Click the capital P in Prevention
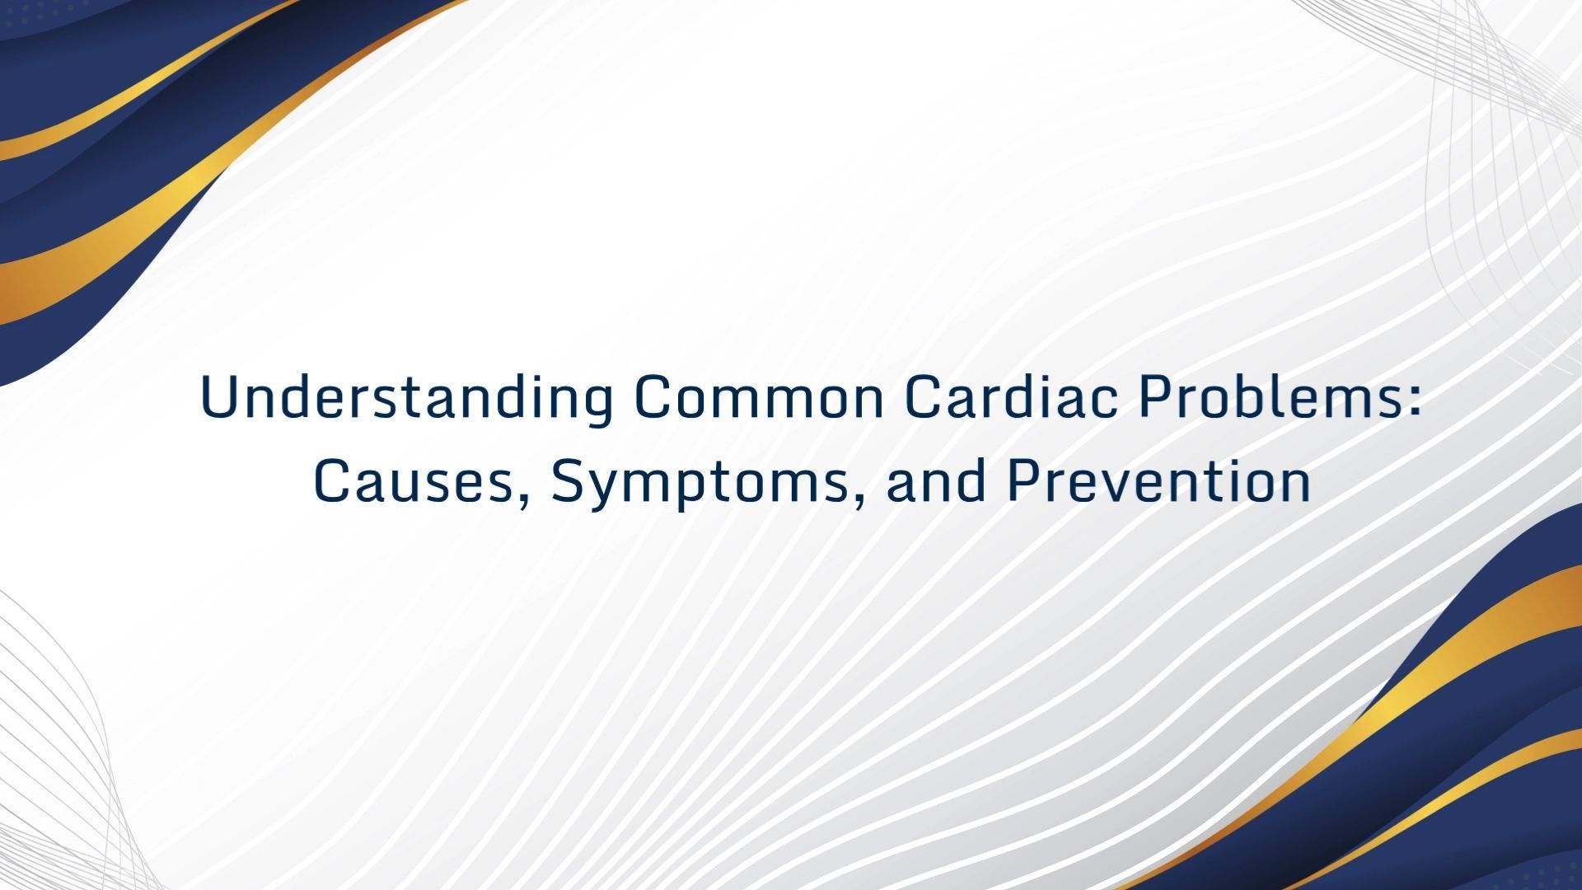pyautogui.click(x=1023, y=482)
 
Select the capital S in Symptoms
pyautogui.click(x=568, y=482)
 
